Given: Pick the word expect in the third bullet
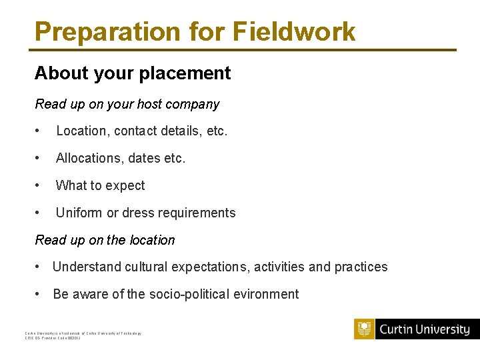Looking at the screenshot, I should [x=125, y=186].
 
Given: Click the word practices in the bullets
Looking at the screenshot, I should [x=361, y=267].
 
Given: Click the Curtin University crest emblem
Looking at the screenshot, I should [x=365, y=329].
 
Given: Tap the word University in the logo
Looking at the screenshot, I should [x=443, y=329].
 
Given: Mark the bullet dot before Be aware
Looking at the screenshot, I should [x=39, y=294].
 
